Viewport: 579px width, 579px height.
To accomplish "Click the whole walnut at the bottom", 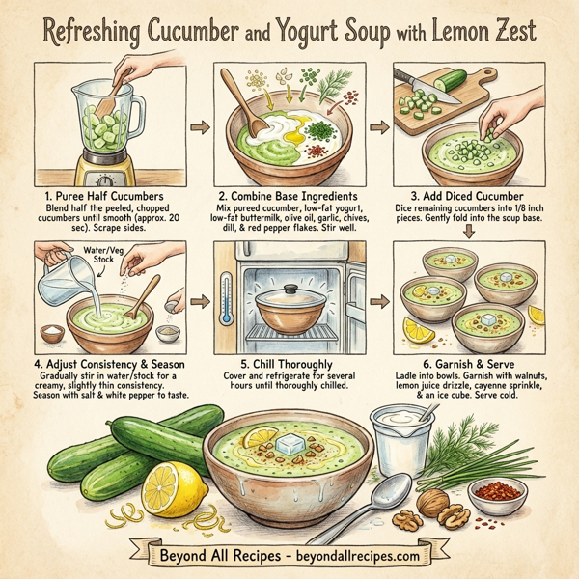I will [432, 504].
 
